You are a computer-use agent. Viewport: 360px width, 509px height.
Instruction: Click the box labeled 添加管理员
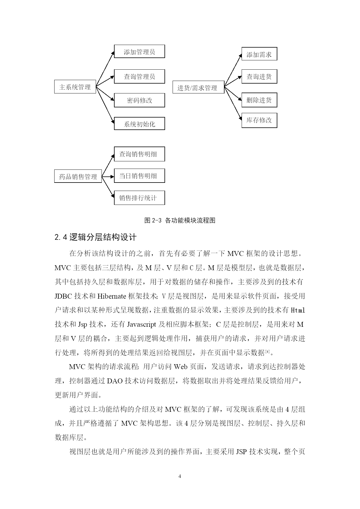[x=139, y=52]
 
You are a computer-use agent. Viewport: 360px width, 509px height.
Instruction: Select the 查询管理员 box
[x=139, y=76]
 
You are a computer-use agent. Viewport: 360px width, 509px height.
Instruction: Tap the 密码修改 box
[x=139, y=100]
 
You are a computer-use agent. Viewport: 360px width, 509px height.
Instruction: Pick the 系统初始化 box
[x=139, y=124]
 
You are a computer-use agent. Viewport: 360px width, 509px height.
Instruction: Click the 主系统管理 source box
[x=75, y=87]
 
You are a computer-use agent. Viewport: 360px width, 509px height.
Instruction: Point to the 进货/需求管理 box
[x=198, y=87]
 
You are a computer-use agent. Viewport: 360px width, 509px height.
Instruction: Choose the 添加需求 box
[x=259, y=54]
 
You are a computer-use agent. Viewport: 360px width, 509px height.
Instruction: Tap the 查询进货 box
[x=259, y=76]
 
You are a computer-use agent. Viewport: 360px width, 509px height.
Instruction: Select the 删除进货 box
[x=259, y=100]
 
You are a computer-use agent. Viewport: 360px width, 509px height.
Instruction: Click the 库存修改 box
[x=259, y=120]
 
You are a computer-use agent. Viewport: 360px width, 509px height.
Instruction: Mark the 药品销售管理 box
[x=78, y=176]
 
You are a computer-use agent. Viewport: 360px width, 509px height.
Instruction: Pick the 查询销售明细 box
[x=139, y=154]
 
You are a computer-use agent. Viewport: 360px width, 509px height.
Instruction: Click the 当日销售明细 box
[x=139, y=176]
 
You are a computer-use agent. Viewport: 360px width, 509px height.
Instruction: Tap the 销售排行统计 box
[x=139, y=198]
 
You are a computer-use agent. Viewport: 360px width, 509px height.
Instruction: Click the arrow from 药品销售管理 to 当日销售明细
[x=108, y=176]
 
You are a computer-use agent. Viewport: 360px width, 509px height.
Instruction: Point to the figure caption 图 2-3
[x=180, y=220]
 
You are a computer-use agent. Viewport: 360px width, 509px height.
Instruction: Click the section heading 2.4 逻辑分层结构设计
[x=95, y=237]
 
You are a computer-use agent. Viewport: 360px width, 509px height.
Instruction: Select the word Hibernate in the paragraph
[x=112, y=296]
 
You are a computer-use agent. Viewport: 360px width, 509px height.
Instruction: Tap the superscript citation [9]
[x=267, y=351]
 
